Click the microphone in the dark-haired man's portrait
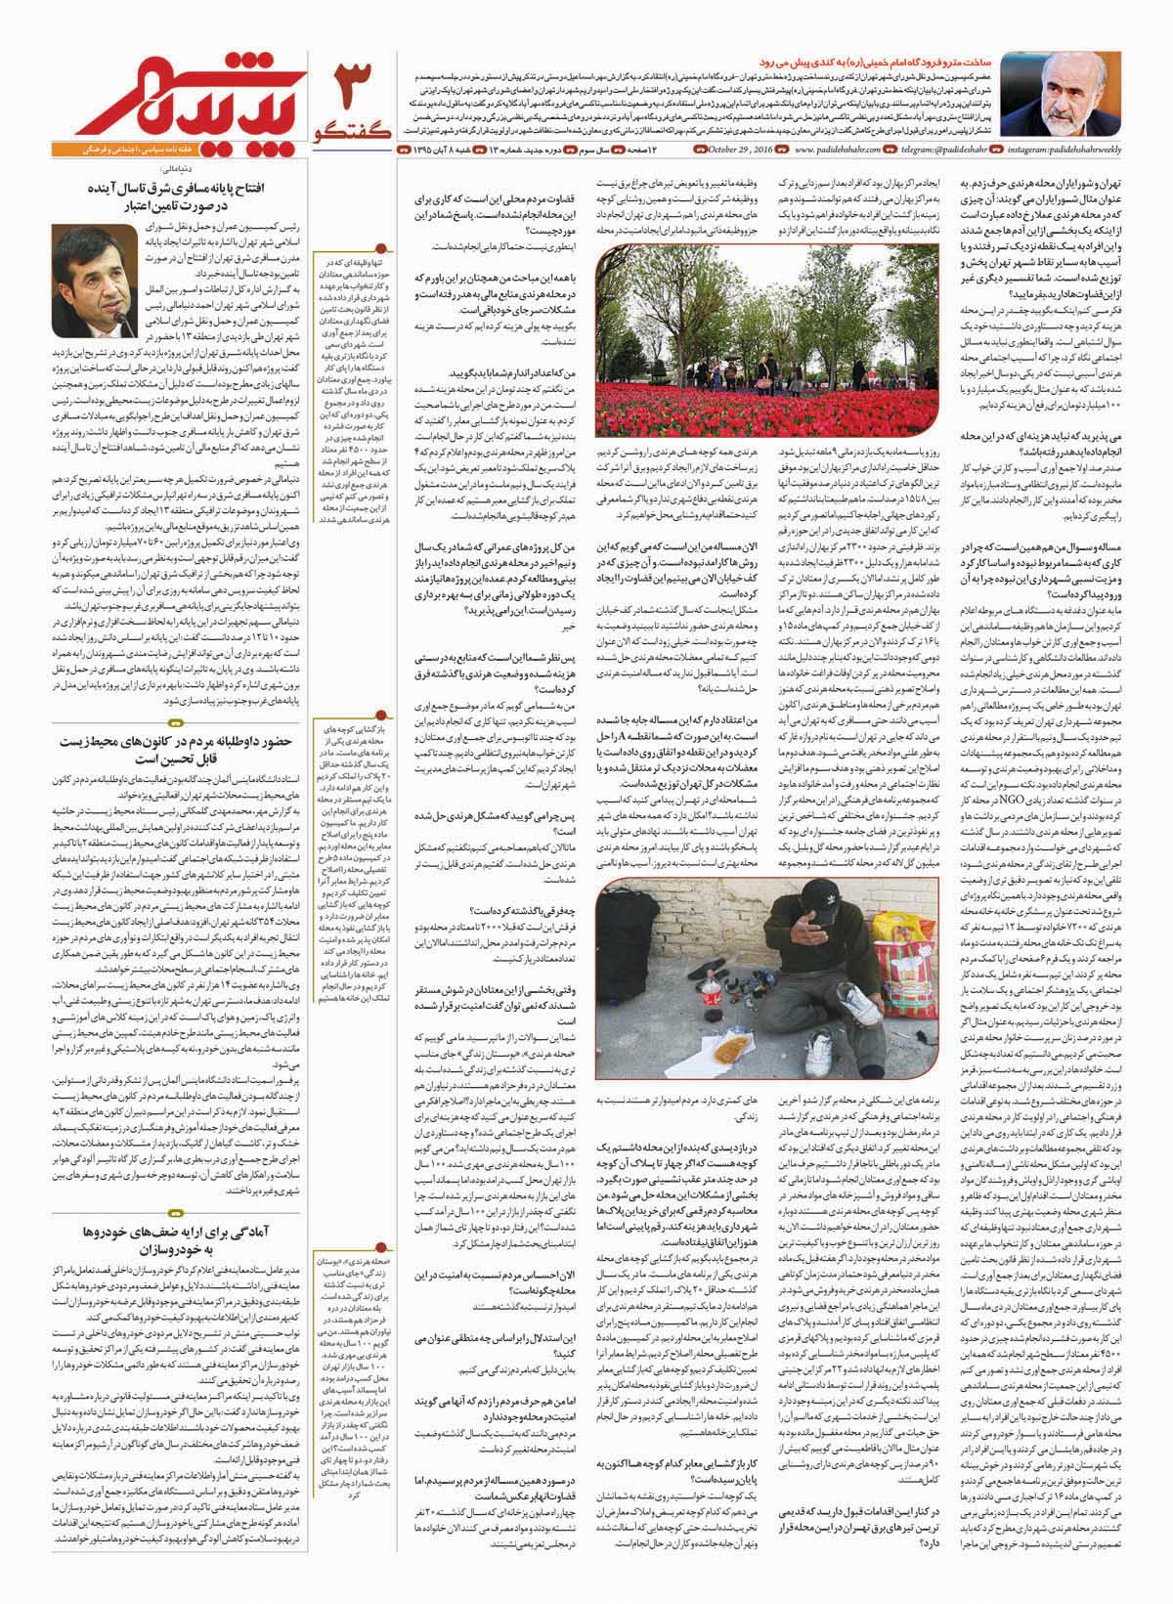(x=121, y=323)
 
